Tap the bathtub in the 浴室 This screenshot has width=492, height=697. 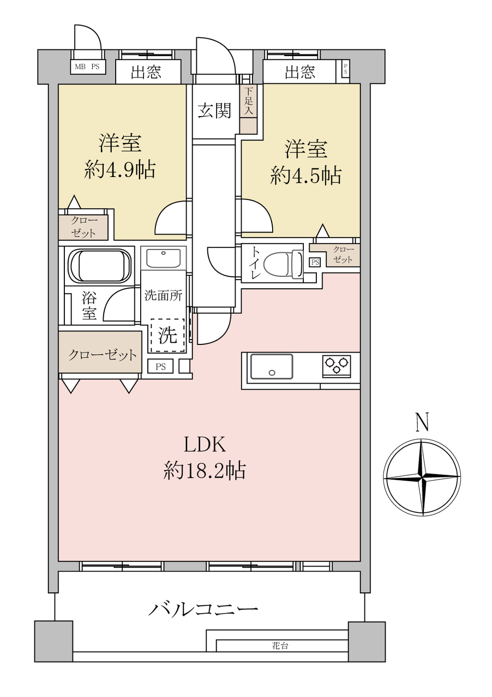click(100, 266)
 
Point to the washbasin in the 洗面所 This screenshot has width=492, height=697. click(164, 259)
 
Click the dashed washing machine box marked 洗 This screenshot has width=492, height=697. click(168, 336)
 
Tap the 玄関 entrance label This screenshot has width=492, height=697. click(215, 111)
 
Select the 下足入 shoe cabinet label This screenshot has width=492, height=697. click(249, 101)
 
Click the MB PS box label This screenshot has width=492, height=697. click(87, 66)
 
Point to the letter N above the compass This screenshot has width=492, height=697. click(422, 423)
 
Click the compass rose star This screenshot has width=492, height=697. click(422, 477)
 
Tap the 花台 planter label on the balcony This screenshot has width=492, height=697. click(280, 646)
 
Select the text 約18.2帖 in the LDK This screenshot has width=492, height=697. click(205, 471)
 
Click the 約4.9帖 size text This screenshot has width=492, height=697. click(120, 170)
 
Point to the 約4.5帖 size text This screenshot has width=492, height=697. click(306, 175)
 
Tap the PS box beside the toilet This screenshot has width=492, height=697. click(315, 262)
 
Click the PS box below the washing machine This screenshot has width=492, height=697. click(161, 367)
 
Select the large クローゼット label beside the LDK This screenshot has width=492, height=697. click(102, 355)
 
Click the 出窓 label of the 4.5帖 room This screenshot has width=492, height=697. click(300, 72)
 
